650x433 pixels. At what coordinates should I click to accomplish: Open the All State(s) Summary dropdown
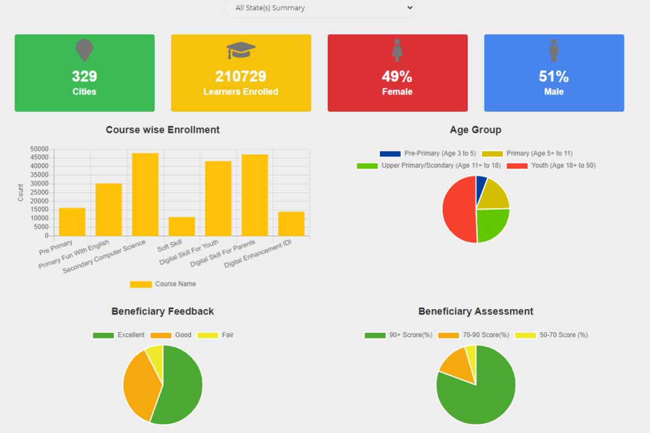pos(320,8)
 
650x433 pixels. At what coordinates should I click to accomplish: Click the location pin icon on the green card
pos(84,50)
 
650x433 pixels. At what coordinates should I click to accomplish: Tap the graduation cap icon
pos(241,50)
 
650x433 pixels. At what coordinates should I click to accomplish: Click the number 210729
pos(241,76)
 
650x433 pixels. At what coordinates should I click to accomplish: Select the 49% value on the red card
pos(397,76)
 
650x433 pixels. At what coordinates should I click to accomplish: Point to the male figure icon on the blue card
pos(554,50)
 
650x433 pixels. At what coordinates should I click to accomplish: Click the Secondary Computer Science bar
pos(145,195)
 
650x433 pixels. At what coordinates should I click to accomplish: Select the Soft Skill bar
pos(181,226)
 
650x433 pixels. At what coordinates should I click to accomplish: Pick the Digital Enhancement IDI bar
pos(291,224)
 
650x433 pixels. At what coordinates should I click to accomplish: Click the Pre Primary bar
pos(72,222)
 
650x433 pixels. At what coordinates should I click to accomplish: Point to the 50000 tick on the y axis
pos(40,149)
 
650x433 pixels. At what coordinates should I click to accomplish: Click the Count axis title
pos(21,193)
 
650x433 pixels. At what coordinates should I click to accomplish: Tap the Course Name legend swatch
pos(141,284)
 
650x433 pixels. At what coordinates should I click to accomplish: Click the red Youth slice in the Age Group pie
pos(458,208)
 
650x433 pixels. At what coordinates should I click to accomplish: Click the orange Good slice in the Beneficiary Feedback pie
pos(138,384)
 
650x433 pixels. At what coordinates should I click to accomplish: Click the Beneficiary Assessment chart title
pos(476,311)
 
